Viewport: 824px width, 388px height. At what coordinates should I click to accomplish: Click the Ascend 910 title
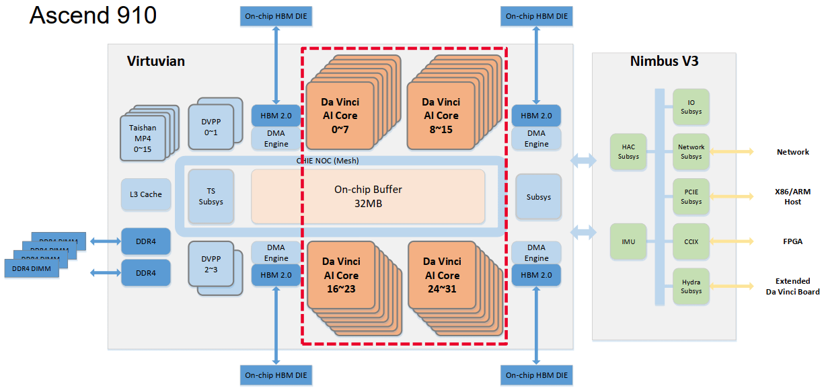point(93,15)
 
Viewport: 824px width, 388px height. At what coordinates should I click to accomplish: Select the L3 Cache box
point(142,194)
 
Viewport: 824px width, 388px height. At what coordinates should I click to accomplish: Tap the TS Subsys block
point(211,196)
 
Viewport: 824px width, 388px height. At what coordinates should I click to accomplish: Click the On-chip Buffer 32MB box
point(367,196)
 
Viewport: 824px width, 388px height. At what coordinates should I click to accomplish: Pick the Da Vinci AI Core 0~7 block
point(340,115)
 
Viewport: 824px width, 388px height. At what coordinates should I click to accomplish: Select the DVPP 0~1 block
point(211,124)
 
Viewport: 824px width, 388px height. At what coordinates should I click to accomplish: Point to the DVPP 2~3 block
point(211,265)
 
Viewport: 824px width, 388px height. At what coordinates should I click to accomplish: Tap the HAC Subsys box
point(627,151)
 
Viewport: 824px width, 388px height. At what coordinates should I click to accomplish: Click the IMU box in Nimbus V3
point(628,241)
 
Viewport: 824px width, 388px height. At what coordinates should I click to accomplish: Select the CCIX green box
point(691,241)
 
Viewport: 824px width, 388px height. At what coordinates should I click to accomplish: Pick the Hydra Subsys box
point(691,286)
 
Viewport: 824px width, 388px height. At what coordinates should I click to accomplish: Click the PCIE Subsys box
point(691,196)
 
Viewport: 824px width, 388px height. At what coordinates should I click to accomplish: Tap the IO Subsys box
point(691,107)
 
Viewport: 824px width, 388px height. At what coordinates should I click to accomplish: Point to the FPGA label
point(792,241)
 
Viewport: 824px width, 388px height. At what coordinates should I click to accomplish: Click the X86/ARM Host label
point(792,197)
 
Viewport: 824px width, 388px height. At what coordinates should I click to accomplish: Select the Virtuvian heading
point(155,62)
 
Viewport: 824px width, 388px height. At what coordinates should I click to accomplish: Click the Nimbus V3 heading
point(663,62)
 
